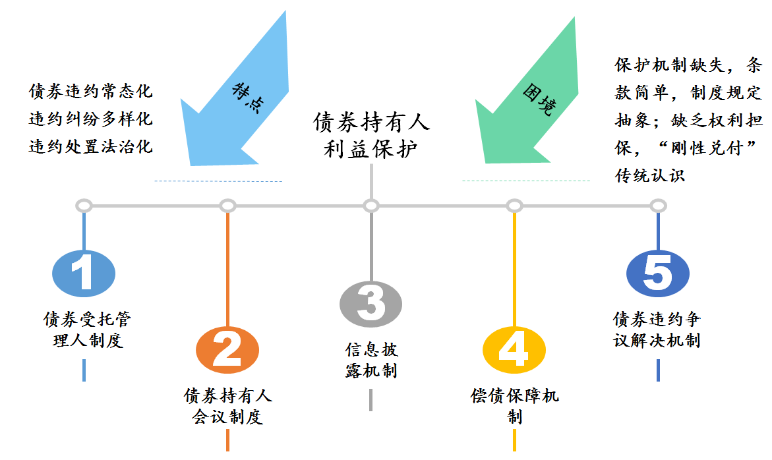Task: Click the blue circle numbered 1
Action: click(x=83, y=273)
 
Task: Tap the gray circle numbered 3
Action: click(x=371, y=304)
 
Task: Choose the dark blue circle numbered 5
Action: click(x=657, y=273)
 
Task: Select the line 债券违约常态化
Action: click(x=90, y=91)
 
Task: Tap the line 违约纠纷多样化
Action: click(x=90, y=119)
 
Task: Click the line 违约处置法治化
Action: click(x=90, y=146)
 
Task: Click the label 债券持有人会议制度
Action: click(x=227, y=406)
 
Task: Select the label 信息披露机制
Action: click(x=371, y=360)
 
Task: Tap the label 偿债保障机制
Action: click(x=514, y=406)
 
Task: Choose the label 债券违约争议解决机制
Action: click(x=657, y=330)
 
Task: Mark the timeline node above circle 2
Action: click(x=227, y=206)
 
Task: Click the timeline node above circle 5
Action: click(x=657, y=206)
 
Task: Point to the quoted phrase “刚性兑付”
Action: click(x=713, y=148)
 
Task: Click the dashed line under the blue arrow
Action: click(x=218, y=181)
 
